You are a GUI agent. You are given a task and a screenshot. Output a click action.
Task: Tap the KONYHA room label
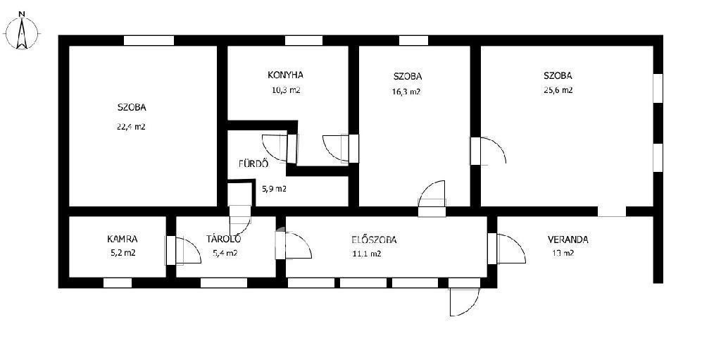point(286,75)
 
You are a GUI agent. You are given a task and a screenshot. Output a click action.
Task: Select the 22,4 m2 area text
point(131,127)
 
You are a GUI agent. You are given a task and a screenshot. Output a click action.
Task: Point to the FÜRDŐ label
point(253,163)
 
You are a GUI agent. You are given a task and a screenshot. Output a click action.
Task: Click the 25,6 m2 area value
point(558,90)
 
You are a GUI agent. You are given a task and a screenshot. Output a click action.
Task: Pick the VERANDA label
point(568,240)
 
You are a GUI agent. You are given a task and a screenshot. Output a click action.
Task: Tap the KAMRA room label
point(123,239)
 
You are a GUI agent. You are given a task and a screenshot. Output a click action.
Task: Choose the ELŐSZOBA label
point(374,240)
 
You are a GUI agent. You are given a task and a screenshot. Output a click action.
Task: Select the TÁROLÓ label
point(224,238)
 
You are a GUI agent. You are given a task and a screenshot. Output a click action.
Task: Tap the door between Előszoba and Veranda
point(506,249)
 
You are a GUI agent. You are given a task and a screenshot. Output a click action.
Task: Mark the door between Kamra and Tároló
point(183,250)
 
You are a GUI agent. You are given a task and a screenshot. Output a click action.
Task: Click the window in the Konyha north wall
point(303,41)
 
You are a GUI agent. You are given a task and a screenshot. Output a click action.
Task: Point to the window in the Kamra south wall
point(118,283)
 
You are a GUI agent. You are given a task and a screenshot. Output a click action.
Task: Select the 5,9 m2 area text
point(274,189)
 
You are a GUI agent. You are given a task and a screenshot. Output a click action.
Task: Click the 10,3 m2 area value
point(286,90)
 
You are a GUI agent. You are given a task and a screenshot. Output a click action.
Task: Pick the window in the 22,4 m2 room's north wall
point(149,41)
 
